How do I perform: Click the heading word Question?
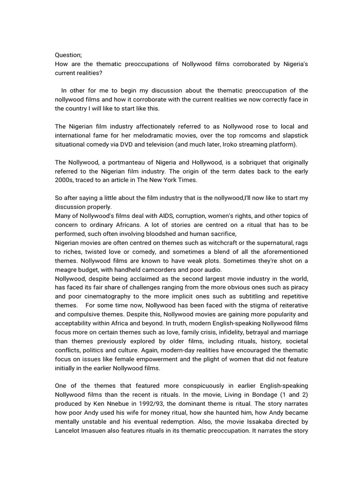[69, 55]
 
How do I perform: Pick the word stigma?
[250, 306]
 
